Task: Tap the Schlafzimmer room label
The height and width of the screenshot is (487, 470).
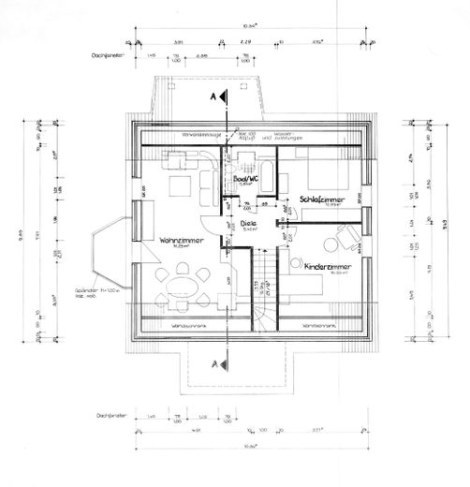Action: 324,200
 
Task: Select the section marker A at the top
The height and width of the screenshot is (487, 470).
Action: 212,97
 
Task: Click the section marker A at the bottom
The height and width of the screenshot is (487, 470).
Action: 212,361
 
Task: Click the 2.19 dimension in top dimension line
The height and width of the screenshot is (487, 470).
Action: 246,43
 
